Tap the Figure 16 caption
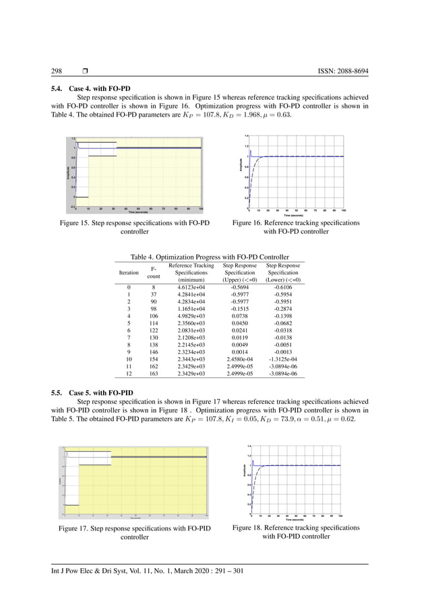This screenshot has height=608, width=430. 296,227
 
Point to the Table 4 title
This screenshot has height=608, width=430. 210,257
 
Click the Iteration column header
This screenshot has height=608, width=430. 129,272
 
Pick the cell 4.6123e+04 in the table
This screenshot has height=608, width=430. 190,287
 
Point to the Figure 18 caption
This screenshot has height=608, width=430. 296,532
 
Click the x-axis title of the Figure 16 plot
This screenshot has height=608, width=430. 296,216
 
